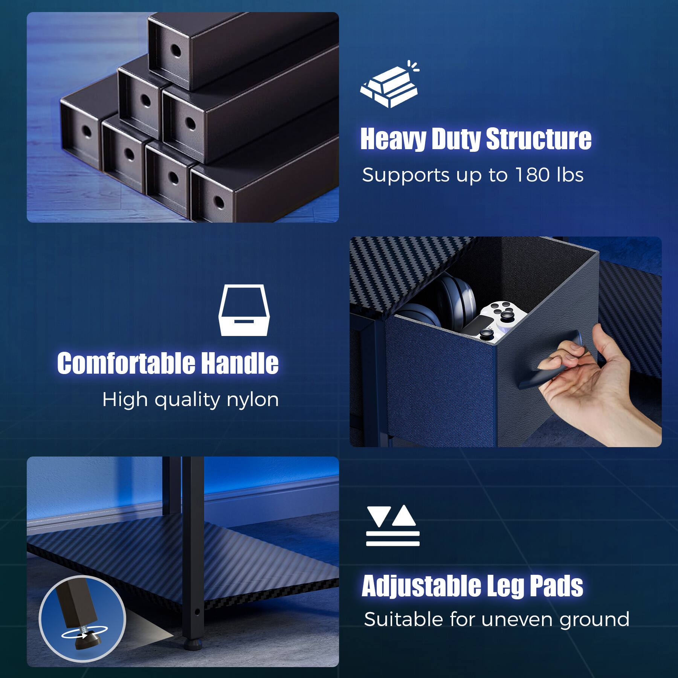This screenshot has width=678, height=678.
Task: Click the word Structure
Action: [539, 139]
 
